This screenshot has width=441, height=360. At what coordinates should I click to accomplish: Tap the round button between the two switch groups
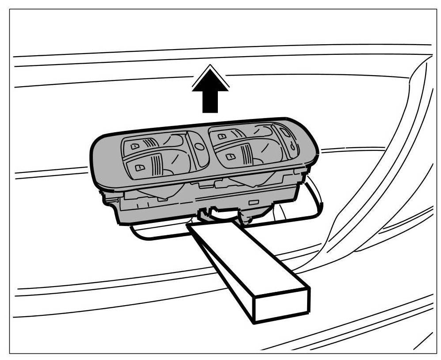pyautogui.click(x=198, y=146)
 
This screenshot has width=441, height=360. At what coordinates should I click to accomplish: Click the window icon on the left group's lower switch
pyautogui.click(x=140, y=167)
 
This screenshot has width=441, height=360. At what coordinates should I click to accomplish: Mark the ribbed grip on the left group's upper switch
pyautogui.click(x=150, y=142)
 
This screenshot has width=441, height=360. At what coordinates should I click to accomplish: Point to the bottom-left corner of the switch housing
pyautogui.click(x=118, y=221)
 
